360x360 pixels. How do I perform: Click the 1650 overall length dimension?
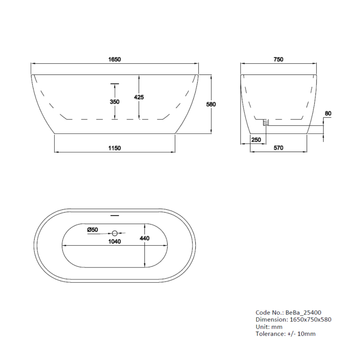click(115, 60)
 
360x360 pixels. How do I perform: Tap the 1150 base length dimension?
click(115, 148)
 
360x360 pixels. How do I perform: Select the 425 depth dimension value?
click(139, 97)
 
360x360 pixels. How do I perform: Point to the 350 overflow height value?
click(115, 102)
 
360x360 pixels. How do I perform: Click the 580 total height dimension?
click(211, 105)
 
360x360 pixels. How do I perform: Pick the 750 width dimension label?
click(278, 60)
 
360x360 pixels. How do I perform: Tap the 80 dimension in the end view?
click(328, 113)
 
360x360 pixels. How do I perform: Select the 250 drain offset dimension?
click(256, 140)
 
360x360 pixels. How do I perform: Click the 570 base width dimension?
click(278, 148)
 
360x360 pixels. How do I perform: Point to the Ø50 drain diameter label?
click(93, 229)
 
